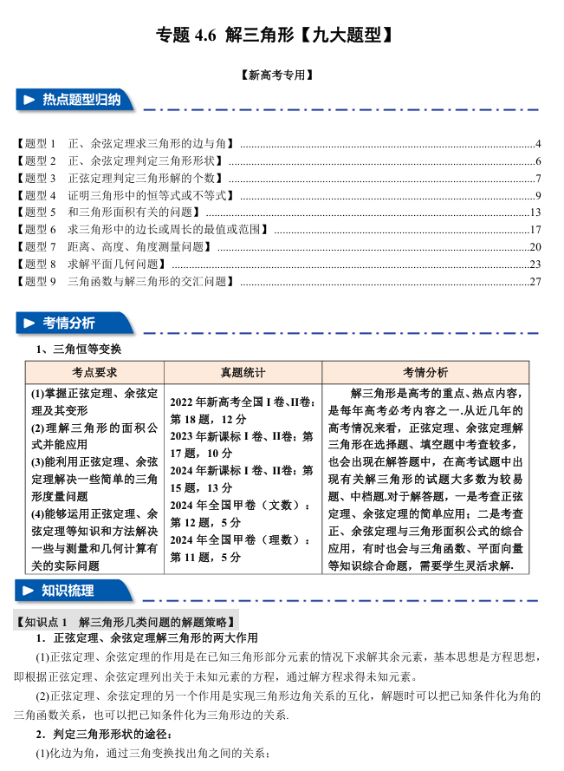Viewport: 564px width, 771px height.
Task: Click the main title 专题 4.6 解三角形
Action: tap(276, 35)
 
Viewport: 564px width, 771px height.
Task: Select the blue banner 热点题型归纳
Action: tap(77, 101)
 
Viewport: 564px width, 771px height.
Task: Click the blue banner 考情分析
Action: tap(71, 323)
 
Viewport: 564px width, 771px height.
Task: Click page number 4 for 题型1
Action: tap(538, 143)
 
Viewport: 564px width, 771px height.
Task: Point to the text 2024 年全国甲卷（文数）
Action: tap(240, 505)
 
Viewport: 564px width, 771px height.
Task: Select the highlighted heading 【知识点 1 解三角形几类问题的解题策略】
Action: tap(126, 622)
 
